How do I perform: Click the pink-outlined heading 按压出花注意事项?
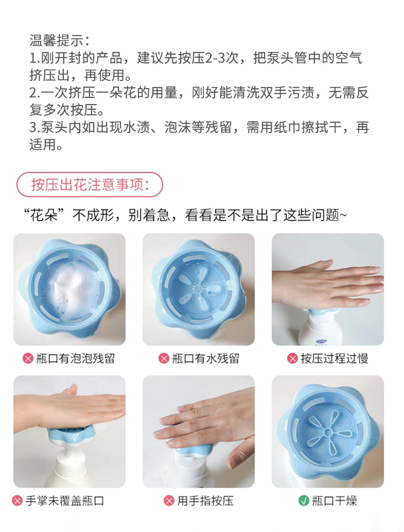[90, 185]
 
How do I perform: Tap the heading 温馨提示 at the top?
[56, 40]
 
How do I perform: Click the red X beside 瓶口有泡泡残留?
[28, 358]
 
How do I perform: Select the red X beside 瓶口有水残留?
[164, 358]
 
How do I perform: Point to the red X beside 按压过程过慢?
[292, 358]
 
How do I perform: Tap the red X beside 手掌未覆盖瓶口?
[17, 501]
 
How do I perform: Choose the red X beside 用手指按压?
[169, 501]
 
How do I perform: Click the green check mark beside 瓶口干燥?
[304, 501]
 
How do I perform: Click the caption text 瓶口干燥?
[335, 501]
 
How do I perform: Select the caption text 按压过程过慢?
[335, 358]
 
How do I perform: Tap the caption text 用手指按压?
[205, 501]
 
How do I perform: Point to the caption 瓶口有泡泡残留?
[76, 358]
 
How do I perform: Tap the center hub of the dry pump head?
[327, 432]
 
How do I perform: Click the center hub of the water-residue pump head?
[198, 289]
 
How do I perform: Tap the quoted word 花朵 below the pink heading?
[44, 215]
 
